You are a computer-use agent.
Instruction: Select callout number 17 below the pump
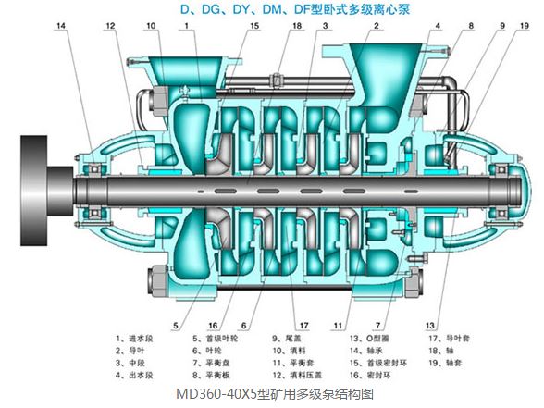click(x=302, y=326)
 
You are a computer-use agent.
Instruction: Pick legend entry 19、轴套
click(x=449, y=364)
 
